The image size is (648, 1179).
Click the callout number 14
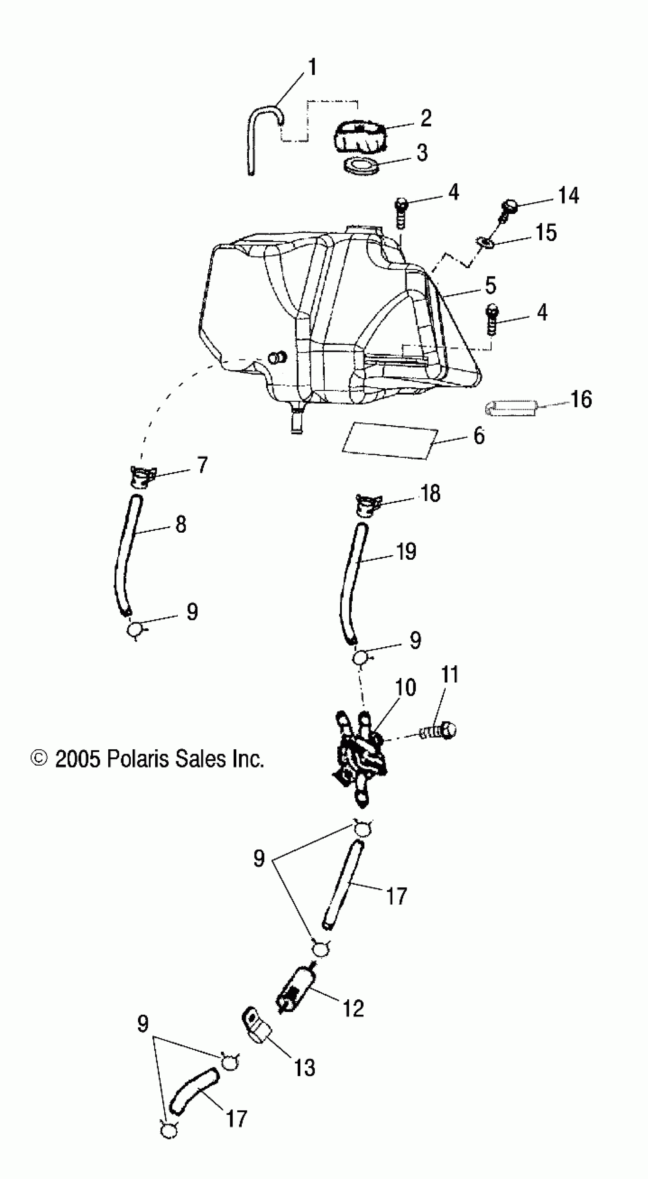[568, 196]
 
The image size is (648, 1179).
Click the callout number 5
[491, 286]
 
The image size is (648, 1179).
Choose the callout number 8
[181, 525]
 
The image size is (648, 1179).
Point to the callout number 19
[406, 552]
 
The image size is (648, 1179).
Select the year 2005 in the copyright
[77, 759]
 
